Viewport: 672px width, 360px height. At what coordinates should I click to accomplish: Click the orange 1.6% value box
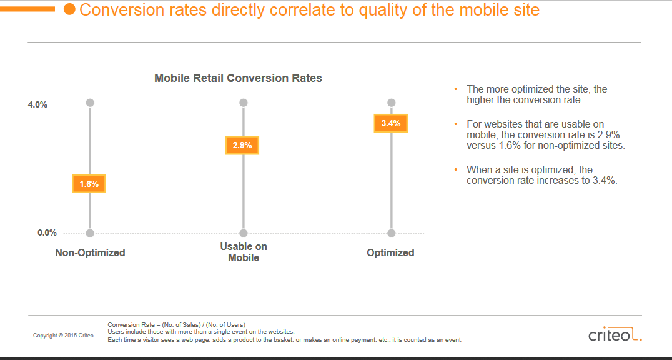(89, 184)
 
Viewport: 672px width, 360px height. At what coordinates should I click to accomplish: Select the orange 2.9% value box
(242, 145)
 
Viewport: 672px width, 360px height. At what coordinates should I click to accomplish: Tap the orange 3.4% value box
(390, 123)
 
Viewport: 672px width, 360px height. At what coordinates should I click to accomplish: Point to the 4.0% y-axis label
(37, 105)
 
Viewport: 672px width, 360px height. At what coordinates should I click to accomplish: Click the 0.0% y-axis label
(47, 233)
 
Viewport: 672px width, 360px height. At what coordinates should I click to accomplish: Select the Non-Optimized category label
(90, 252)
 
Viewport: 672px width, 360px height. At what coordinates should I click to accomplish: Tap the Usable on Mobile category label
(244, 252)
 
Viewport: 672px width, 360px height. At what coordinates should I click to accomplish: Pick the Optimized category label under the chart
(390, 252)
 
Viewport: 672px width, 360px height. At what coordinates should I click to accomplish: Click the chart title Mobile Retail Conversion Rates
(238, 78)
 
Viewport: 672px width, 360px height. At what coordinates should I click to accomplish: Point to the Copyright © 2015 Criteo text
(63, 336)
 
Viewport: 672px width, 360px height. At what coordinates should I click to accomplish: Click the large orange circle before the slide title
(69, 9)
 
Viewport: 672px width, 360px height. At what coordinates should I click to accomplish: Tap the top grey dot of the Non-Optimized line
(90, 102)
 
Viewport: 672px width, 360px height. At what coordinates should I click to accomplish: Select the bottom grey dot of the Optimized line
(392, 233)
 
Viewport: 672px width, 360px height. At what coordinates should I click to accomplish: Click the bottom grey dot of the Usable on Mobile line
(244, 233)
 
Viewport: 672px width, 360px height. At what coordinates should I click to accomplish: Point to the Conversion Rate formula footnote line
(177, 324)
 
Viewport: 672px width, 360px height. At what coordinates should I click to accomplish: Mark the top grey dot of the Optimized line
(392, 102)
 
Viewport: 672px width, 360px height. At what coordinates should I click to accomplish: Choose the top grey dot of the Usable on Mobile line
(244, 102)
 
